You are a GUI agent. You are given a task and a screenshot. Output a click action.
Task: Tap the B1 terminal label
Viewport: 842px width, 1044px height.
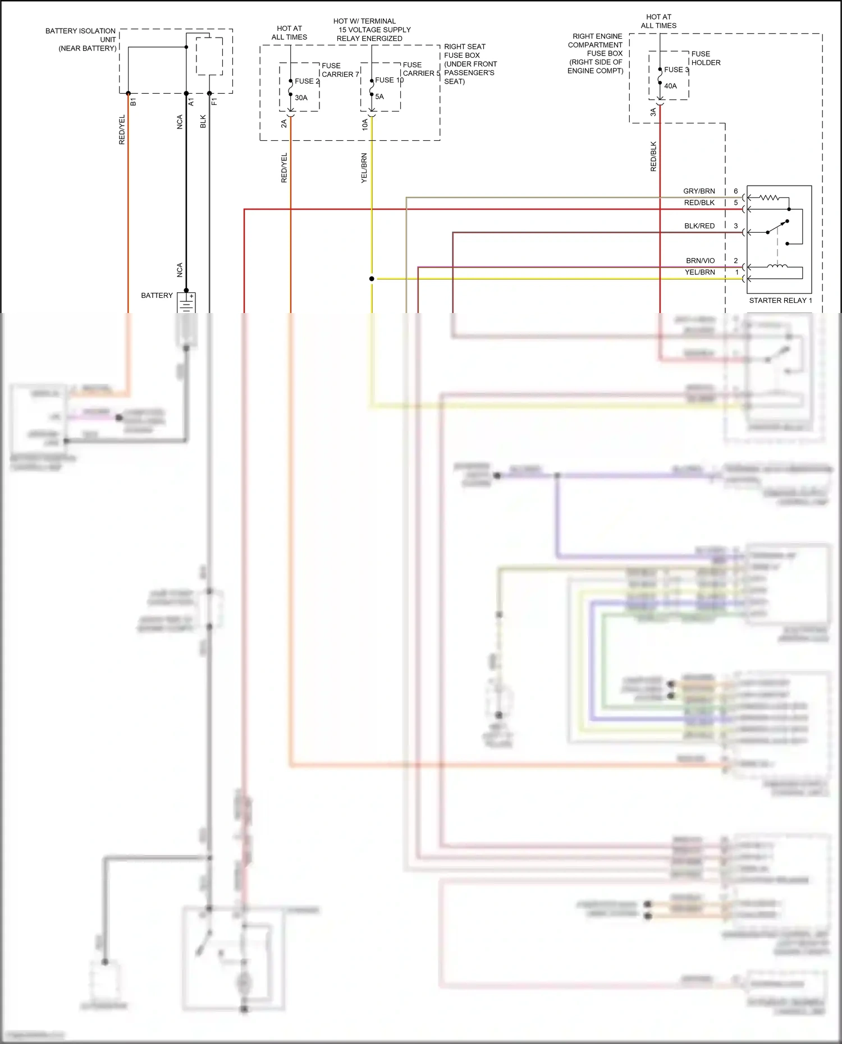tap(133, 102)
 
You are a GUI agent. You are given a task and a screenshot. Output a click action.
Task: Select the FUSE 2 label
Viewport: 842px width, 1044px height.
tap(306, 81)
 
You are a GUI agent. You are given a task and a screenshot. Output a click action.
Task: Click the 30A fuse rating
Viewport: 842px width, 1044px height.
tap(301, 98)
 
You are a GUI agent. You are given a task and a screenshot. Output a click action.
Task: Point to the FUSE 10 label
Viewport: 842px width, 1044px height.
tap(389, 80)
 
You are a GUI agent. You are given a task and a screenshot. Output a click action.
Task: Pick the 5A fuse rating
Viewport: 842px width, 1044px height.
tap(379, 96)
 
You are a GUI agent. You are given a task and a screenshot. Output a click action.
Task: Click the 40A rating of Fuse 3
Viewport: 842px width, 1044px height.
tap(670, 86)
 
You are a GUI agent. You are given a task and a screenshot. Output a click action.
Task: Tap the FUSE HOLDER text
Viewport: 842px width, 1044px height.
tap(706, 58)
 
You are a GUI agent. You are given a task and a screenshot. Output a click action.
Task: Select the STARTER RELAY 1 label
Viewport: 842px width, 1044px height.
tap(780, 300)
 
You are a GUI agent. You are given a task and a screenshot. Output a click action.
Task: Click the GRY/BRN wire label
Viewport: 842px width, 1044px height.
tap(699, 191)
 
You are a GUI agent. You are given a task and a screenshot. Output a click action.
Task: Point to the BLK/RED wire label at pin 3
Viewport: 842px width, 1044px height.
tap(699, 226)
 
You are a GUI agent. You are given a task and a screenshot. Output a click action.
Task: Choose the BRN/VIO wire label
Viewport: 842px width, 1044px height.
tap(700, 261)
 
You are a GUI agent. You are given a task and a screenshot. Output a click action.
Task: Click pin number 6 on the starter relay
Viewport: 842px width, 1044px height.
tap(736, 191)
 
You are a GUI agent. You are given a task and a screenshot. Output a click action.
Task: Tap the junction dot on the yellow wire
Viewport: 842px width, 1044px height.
tap(372, 278)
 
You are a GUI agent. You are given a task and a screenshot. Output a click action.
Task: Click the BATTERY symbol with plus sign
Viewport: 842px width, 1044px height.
tap(186, 302)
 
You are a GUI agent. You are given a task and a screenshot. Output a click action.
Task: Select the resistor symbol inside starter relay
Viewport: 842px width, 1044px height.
tap(769, 197)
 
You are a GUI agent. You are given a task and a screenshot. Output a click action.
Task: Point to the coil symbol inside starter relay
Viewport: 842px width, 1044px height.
tap(777, 266)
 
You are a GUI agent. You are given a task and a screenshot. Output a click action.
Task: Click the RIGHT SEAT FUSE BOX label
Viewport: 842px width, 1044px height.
tap(470, 64)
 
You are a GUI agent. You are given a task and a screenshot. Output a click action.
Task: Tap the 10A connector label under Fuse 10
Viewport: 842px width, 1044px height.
tap(365, 125)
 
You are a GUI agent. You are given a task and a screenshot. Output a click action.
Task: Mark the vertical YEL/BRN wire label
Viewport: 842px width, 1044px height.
tap(364, 168)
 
